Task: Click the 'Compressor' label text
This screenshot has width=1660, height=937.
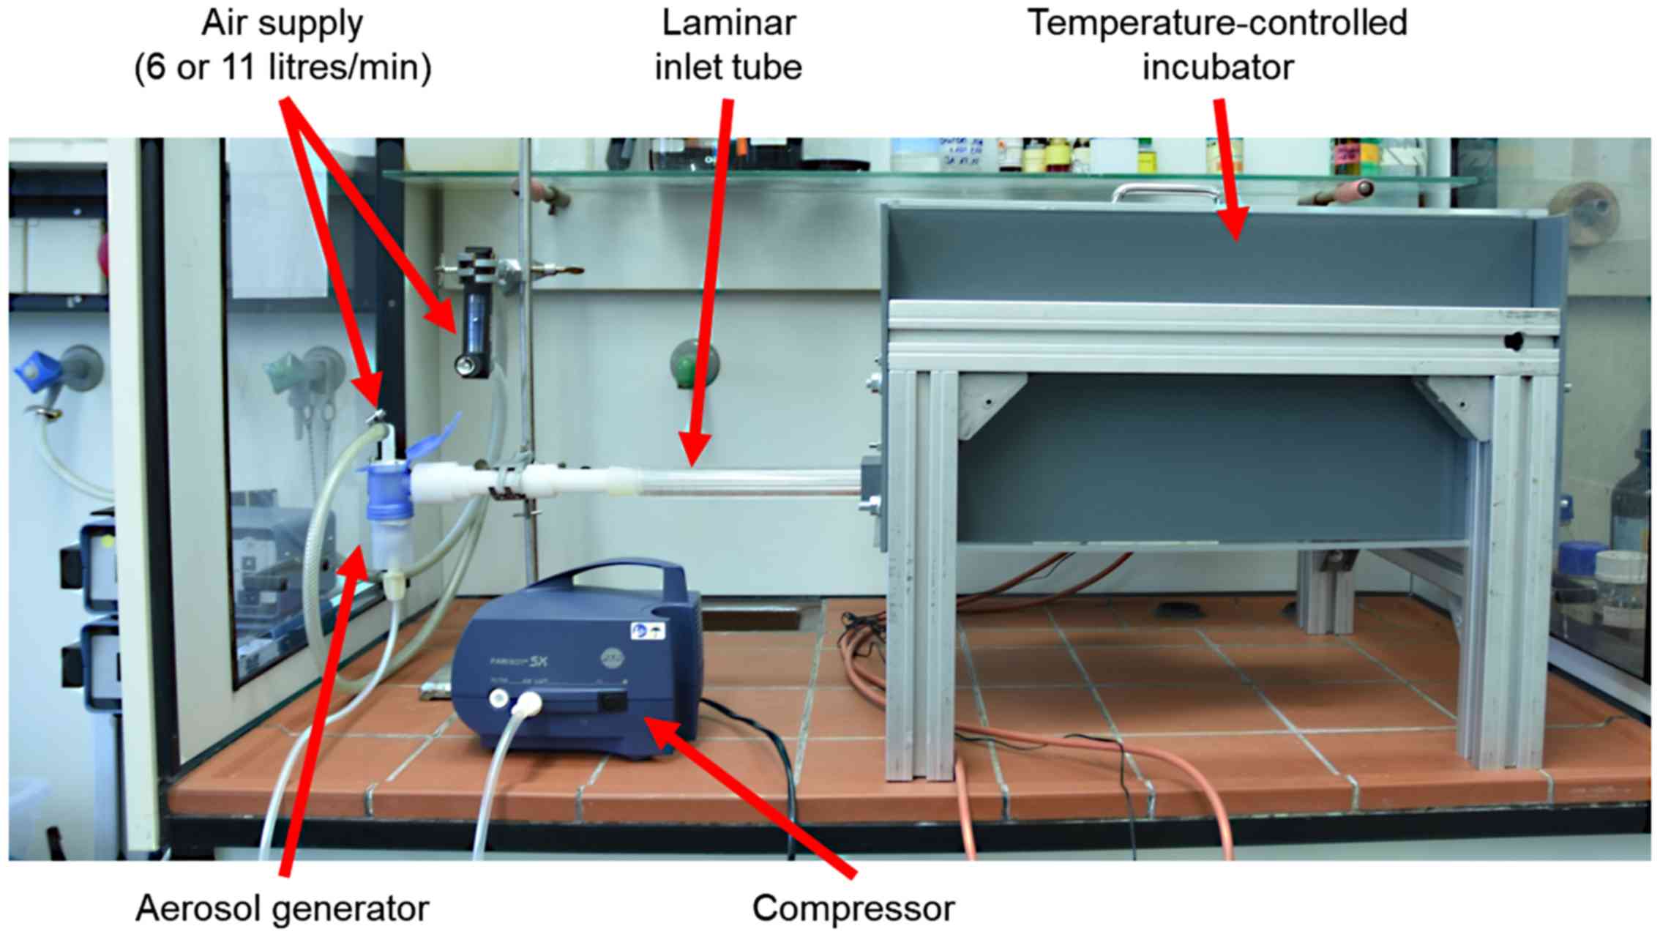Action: click(853, 908)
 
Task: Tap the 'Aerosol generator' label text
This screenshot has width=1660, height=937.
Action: click(282, 908)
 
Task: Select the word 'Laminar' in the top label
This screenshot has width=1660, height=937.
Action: click(728, 23)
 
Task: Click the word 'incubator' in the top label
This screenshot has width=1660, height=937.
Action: click(1217, 67)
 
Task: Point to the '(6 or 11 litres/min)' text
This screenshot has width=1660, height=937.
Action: click(283, 67)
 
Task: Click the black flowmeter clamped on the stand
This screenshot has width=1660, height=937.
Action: click(475, 315)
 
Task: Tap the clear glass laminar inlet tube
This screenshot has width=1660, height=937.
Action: click(747, 483)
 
